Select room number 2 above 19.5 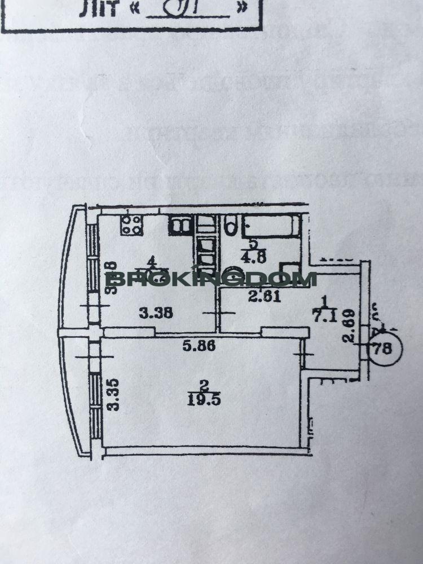[x=204, y=386]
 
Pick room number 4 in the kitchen [x=151, y=261]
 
